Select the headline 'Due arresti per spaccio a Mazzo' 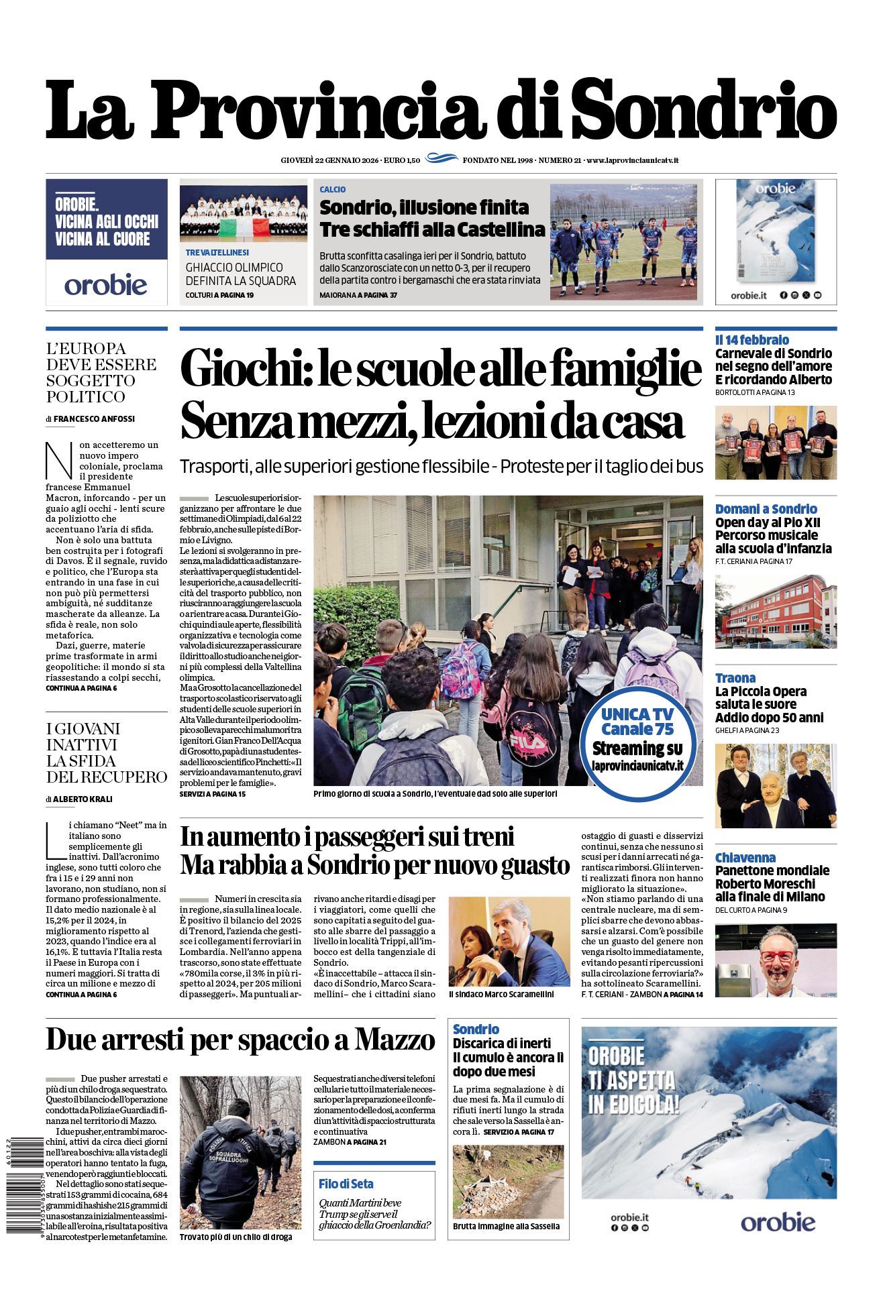coord(240,1040)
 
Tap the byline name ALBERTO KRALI coord(83,799)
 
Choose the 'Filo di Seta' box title coord(346,1184)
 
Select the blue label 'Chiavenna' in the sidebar coord(745,858)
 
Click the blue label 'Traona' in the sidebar coord(735,678)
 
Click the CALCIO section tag coord(333,190)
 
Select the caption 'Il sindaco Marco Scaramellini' coord(501,995)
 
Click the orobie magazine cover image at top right coord(776,231)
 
